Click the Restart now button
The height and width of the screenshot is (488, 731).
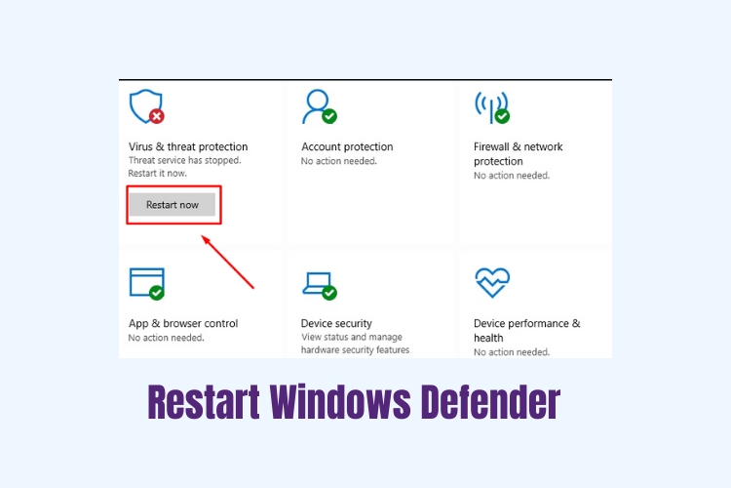pyautogui.click(x=173, y=205)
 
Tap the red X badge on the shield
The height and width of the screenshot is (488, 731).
pyautogui.click(x=157, y=116)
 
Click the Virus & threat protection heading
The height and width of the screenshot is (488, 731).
pyautogui.click(x=188, y=146)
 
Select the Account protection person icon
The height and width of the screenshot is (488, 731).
pyautogui.click(x=320, y=107)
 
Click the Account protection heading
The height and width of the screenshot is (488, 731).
pyautogui.click(x=347, y=146)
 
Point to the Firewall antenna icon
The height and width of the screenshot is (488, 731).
pyautogui.click(x=492, y=107)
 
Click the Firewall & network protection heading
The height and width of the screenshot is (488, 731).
pyautogui.click(x=518, y=153)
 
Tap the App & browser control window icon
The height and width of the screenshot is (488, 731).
pyautogui.click(x=147, y=283)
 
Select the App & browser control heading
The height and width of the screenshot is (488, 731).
pyautogui.click(x=183, y=323)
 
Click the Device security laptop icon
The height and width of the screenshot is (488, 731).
pyautogui.click(x=320, y=285)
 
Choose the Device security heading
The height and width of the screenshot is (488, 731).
pyautogui.click(x=336, y=323)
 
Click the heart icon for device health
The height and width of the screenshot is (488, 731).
pyautogui.click(x=492, y=282)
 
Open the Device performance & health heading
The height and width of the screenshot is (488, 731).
pyautogui.click(x=526, y=330)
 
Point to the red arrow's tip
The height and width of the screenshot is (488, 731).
pyautogui.click(x=202, y=235)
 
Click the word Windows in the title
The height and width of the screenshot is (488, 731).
pyautogui.click(x=340, y=401)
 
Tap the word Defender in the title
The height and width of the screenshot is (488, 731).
pyautogui.click(x=490, y=401)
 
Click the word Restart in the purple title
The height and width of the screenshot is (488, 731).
pyautogui.click(x=204, y=401)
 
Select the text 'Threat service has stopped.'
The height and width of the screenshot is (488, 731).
pyautogui.click(x=184, y=160)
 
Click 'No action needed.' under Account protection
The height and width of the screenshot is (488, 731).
pyautogui.click(x=339, y=161)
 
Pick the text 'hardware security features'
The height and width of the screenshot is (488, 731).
pyautogui.click(x=355, y=349)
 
